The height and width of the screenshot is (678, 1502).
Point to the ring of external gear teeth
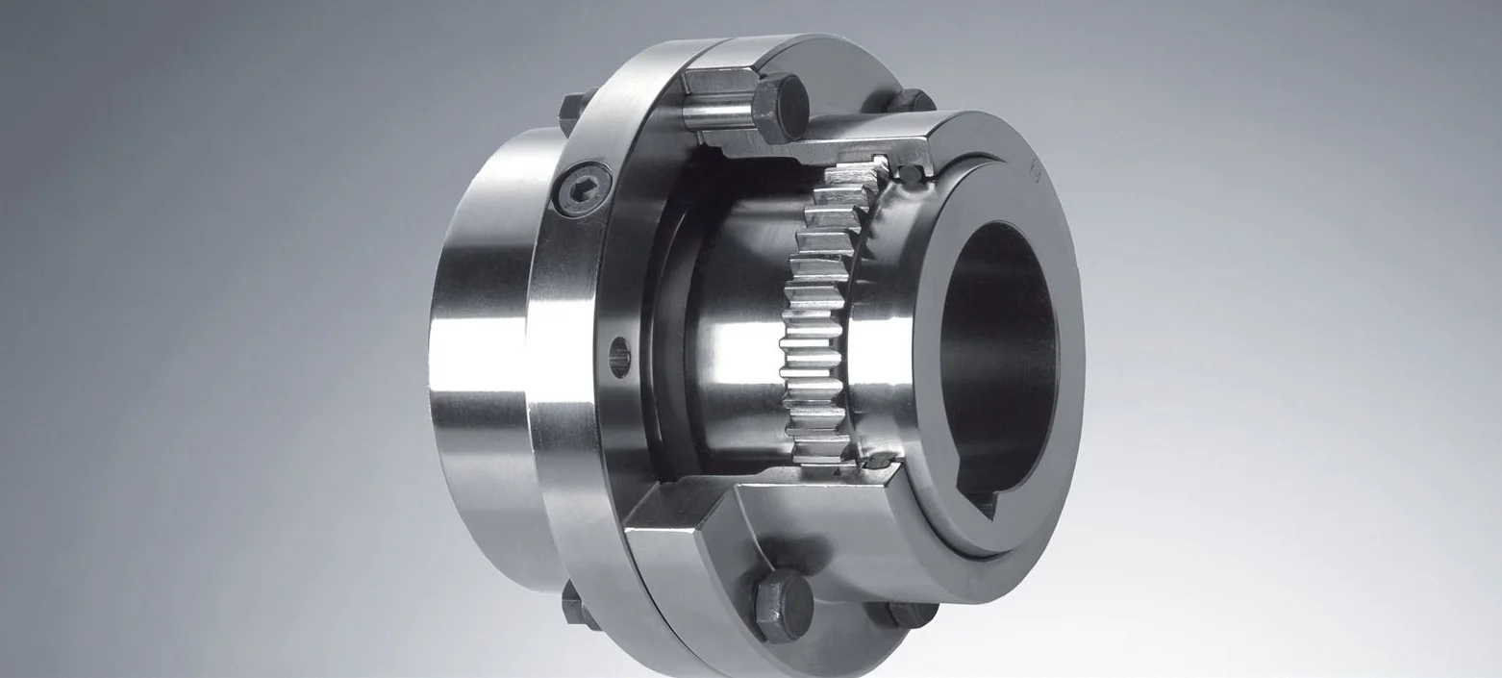(x=817, y=317)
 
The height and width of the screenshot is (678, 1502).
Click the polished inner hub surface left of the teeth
(x=731, y=346)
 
